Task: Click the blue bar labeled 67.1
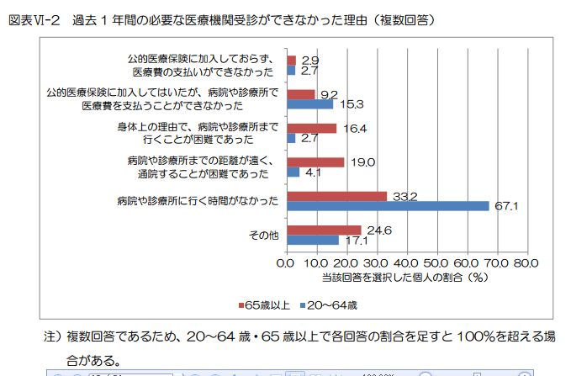(x=387, y=206)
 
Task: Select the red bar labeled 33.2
(x=336, y=196)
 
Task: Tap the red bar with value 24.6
(x=324, y=230)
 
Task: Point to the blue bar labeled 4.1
(x=293, y=172)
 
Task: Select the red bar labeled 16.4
(x=311, y=129)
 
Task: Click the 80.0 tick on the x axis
(x=526, y=262)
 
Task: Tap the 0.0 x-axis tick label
(x=288, y=262)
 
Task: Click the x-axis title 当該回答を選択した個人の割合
(x=395, y=275)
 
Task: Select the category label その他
(x=263, y=235)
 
